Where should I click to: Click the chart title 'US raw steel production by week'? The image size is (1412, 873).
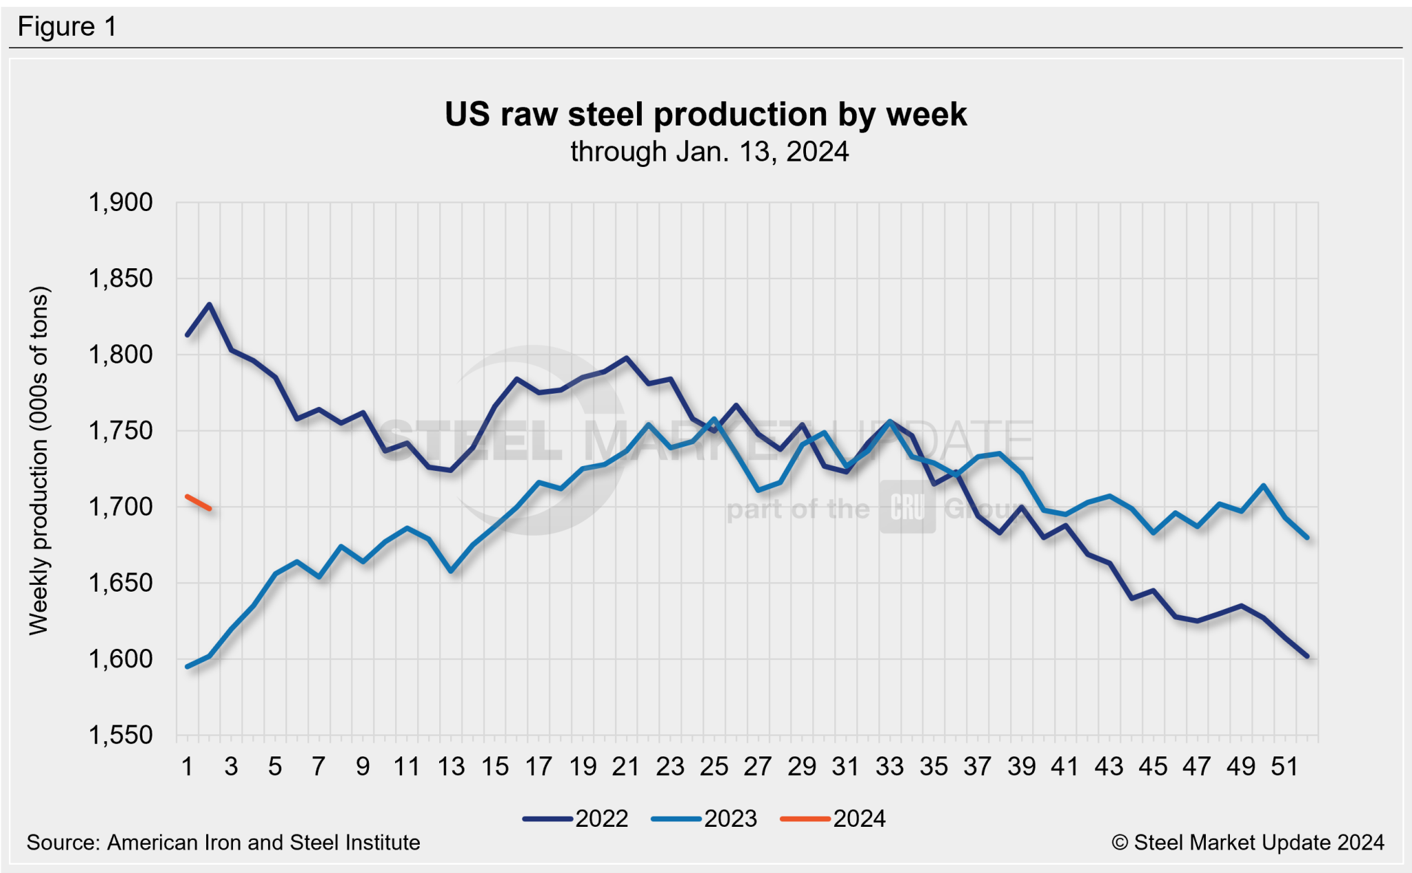(705, 114)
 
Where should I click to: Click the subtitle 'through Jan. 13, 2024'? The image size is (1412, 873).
(709, 152)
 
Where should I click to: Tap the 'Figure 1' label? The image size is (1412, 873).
(67, 27)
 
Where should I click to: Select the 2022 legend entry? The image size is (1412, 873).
(576, 819)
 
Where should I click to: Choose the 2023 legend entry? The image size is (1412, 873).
(705, 819)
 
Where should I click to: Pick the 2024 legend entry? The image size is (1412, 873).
(834, 819)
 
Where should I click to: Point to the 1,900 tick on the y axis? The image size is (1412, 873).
(121, 203)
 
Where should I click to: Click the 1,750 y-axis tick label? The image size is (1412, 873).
(121, 431)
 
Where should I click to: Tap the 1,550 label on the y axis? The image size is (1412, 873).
(121, 735)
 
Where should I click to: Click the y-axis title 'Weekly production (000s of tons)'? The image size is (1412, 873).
(39, 461)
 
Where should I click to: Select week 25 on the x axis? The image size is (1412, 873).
(714, 766)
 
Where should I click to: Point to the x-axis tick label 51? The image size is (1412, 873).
(1284, 766)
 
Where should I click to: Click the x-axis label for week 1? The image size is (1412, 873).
(187, 766)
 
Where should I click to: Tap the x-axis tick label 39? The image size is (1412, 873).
(1021, 766)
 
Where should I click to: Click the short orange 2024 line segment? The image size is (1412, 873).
(199, 503)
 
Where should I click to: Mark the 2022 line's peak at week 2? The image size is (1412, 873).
(209, 304)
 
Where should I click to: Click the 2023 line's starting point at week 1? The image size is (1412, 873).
(188, 667)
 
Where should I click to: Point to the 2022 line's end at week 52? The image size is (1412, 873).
(1307, 656)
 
